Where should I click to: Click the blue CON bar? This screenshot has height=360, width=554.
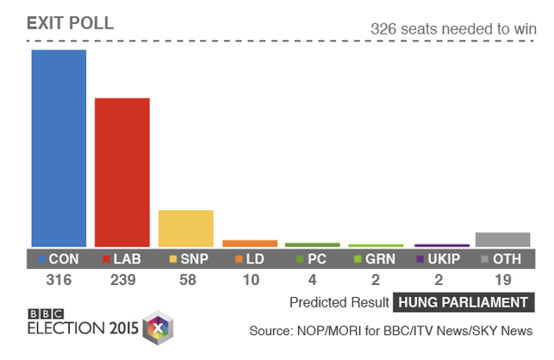click(59, 148)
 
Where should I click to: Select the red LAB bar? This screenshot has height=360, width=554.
click(122, 172)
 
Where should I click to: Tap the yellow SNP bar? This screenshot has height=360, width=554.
click(185, 228)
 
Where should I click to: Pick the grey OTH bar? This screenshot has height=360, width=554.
click(502, 239)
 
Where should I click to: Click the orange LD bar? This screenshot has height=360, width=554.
click(249, 244)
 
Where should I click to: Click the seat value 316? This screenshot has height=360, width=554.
click(59, 280)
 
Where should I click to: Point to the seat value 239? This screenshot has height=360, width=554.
click(122, 280)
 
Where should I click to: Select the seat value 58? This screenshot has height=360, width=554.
click(186, 280)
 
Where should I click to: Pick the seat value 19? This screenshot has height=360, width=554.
click(503, 280)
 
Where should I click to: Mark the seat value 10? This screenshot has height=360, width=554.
click(250, 280)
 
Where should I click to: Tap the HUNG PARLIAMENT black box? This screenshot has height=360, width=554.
click(464, 302)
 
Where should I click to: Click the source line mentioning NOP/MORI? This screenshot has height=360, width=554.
click(390, 331)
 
